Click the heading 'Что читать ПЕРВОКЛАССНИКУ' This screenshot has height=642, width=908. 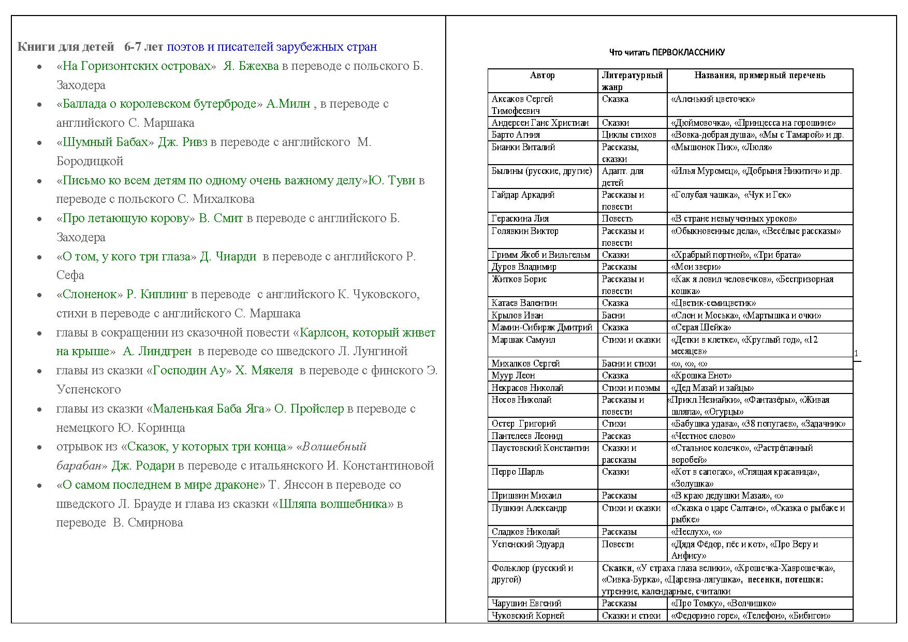[x=667, y=52]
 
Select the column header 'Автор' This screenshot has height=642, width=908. [x=542, y=76]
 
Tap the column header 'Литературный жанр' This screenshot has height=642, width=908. [x=632, y=81]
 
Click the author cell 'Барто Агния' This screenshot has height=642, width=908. [x=516, y=135]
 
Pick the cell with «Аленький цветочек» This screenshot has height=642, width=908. [x=713, y=99]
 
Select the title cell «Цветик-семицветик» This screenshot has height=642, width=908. [x=713, y=303]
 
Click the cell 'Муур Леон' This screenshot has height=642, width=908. [x=513, y=375]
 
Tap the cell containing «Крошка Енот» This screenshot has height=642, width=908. [x=701, y=375]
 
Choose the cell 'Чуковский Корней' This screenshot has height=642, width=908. [x=528, y=616]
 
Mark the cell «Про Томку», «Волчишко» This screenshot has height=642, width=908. [x=723, y=603]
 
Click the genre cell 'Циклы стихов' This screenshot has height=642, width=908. [x=629, y=135]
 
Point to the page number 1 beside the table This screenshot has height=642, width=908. [x=856, y=354]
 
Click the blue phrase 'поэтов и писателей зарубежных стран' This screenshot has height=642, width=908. [x=272, y=47]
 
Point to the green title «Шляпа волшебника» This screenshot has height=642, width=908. [x=333, y=504]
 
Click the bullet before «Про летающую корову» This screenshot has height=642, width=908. [x=39, y=219]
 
